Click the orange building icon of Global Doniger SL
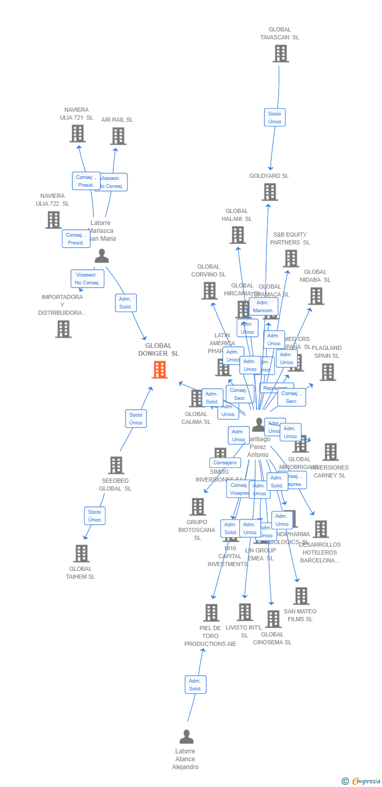pyautogui.click(x=160, y=369)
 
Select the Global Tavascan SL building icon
pyautogui.click(x=280, y=54)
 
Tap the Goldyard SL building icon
pyautogui.click(x=269, y=192)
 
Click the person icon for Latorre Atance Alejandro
pyautogui.click(x=186, y=737)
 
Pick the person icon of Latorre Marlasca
pyautogui.click(x=101, y=256)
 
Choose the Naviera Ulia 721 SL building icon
pyautogui.click(x=77, y=134)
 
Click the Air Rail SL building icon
pyautogui.click(x=118, y=136)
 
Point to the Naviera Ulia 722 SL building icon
pyautogui.click(x=53, y=220)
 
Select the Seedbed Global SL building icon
pyautogui.click(x=115, y=465)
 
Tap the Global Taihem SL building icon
pyautogui.click(x=81, y=554)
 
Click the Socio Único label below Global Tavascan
pyautogui.click(x=274, y=118)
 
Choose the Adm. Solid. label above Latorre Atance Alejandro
pyautogui.click(x=195, y=685)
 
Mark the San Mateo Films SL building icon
pyautogui.click(x=301, y=596)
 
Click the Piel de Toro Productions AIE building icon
pyautogui.click(x=211, y=613)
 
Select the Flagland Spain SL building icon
pyautogui.click(x=327, y=372)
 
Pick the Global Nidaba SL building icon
pyautogui.click(x=315, y=296)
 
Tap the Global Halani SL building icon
pyautogui.click(x=237, y=235)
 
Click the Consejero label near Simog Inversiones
pyautogui.click(x=225, y=463)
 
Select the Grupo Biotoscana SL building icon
pyautogui.click(x=197, y=507)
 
